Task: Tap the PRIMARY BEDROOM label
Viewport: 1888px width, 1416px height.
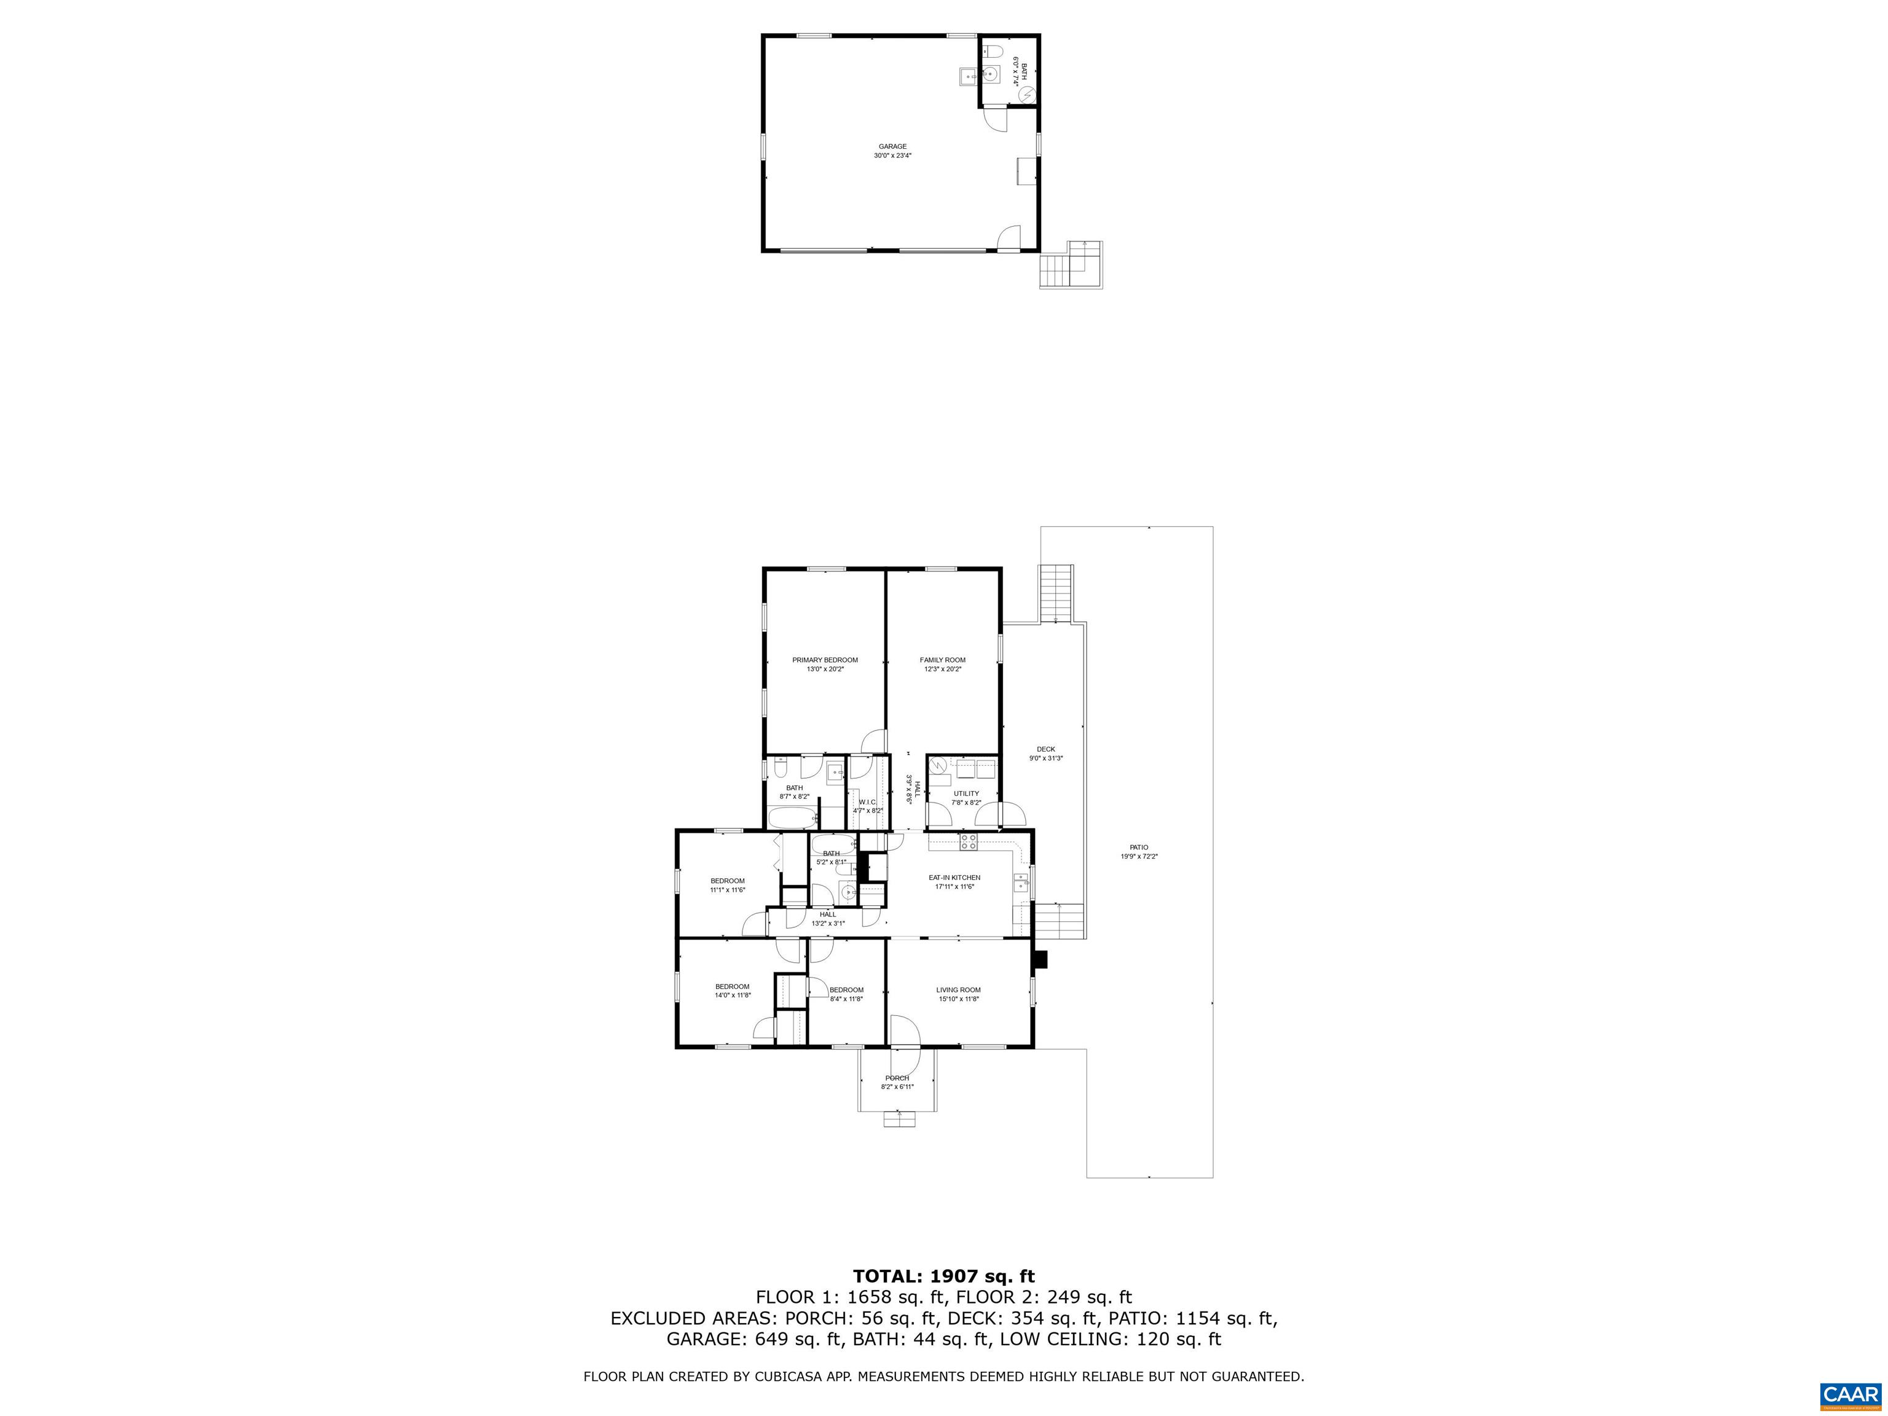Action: point(825,660)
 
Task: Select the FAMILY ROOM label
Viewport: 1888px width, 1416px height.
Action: point(942,660)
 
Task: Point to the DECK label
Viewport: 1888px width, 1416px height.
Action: point(1045,749)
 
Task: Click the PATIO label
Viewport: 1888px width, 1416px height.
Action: point(1139,848)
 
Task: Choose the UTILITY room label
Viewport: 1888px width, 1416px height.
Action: point(966,793)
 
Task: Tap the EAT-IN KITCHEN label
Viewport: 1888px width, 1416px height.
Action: point(954,878)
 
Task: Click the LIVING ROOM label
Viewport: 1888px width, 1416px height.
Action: point(959,990)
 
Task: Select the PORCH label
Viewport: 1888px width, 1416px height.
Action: point(897,1078)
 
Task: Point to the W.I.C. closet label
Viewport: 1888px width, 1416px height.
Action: point(867,802)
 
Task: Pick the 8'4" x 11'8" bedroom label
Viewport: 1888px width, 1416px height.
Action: point(846,990)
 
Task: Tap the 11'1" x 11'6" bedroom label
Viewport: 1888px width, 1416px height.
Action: point(727,881)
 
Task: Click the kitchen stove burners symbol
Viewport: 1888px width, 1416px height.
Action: point(968,843)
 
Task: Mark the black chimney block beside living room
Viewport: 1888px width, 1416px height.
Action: point(1040,960)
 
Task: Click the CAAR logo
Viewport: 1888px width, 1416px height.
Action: point(1851,1394)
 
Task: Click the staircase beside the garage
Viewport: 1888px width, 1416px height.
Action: point(1071,265)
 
